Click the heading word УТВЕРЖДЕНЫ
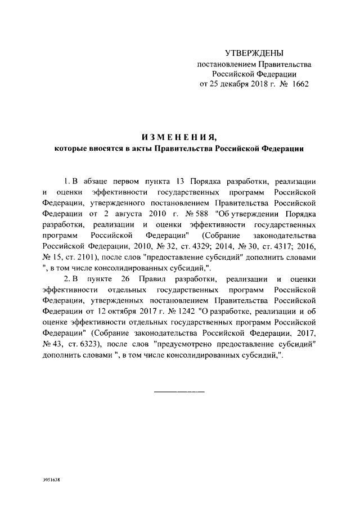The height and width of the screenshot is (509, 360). [x=254, y=53]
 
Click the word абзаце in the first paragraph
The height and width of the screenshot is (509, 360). [x=100, y=181]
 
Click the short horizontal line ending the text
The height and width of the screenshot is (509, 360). [x=179, y=390]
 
